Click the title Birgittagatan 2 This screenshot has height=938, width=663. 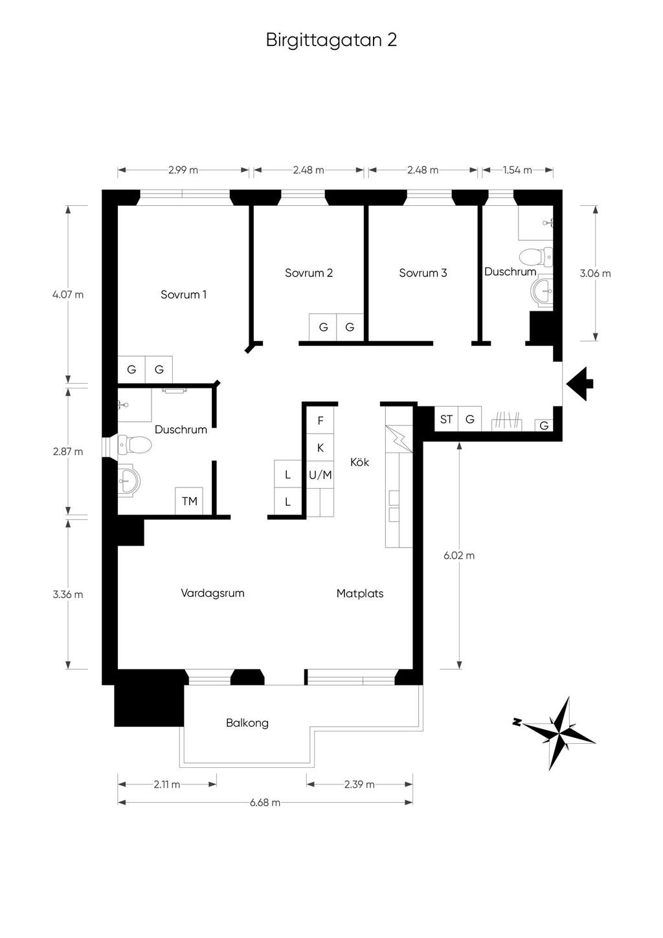pyautogui.click(x=331, y=41)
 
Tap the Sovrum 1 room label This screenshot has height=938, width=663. pyautogui.click(x=183, y=295)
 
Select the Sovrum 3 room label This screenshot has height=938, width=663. pyautogui.click(x=423, y=273)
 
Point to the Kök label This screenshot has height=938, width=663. pyautogui.click(x=360, y=462)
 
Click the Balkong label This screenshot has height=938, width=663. pyautogui.click(x=247, y=723)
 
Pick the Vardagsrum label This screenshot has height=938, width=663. pyautogui.click(x=212, y=594)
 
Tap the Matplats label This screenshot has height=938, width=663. pyautogui.click(x=360, y=594)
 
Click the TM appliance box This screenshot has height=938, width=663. pyautogui.click(x=189, y=501)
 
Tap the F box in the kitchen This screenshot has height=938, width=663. pyautogui.click(x=320, y=420)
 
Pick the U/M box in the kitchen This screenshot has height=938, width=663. pyautogui.click(x=320, y=475)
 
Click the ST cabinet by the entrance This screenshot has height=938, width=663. pyautogui.click(x=447, y=419)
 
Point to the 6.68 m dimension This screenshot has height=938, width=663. pyautogui.click(x=265, y=802)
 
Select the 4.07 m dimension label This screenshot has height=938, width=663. pyautogui.click(x=68, y=295)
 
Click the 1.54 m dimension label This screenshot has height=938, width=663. pyautogui.click(x=517, y=170)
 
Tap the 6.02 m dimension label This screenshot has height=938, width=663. pyautogui.click(x=459, y=555)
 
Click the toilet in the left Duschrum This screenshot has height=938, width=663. pyautogui.click(x=134, y=445)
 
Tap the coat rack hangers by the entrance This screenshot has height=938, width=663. pyautogui.click(x=507, y=421)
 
